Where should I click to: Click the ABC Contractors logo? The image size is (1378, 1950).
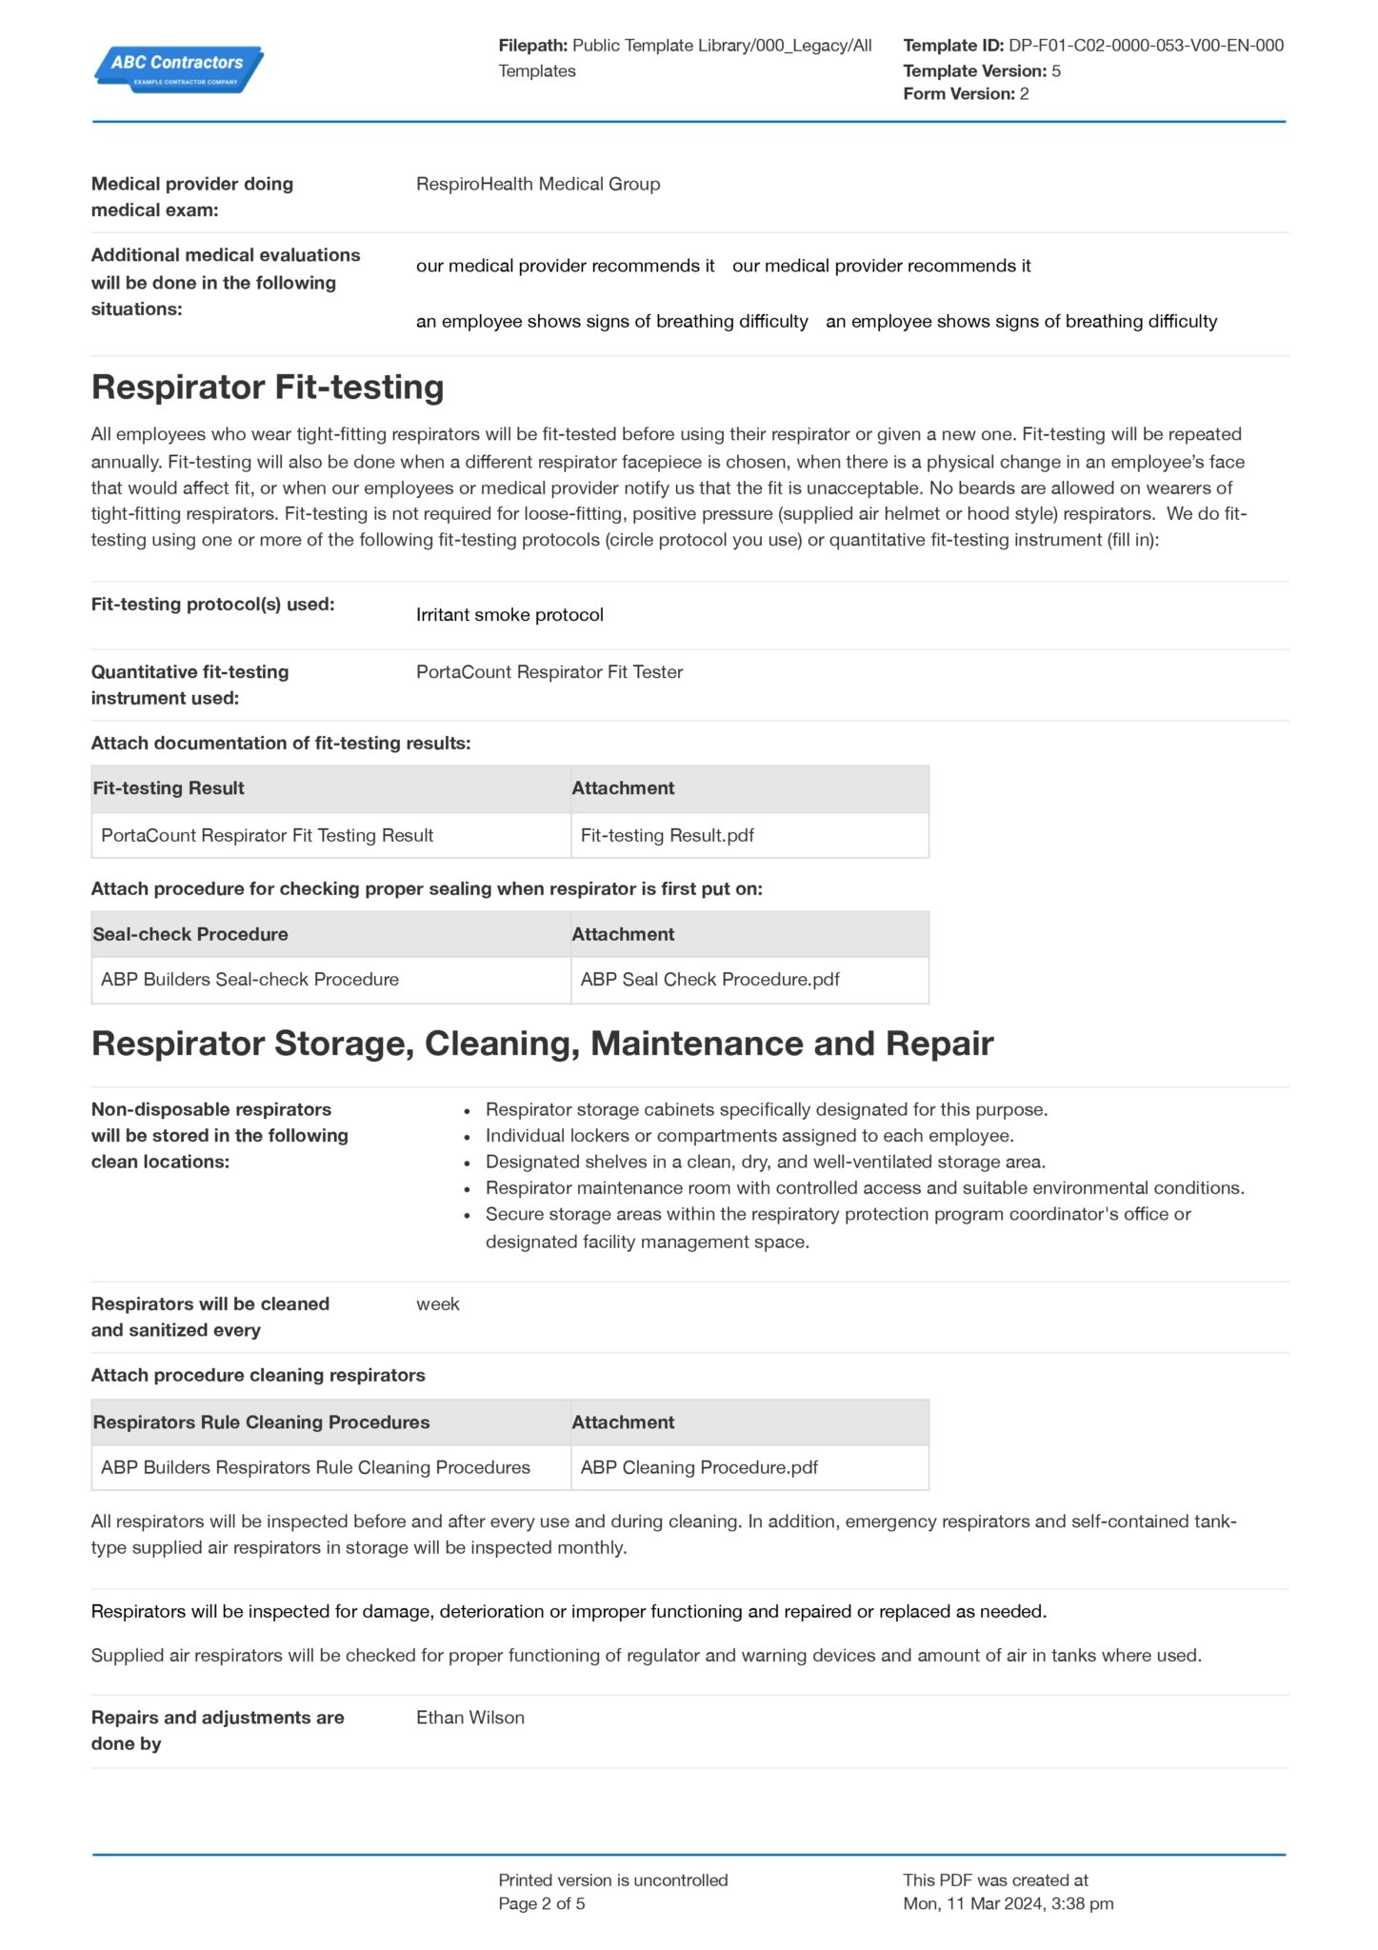click(x=178, y=69)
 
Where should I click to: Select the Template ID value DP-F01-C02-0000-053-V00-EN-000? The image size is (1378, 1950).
click(x=1146, y=45)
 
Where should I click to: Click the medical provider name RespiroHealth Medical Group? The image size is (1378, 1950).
click(x=537, y=184)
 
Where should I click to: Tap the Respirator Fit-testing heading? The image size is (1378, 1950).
click(x=268, y=387)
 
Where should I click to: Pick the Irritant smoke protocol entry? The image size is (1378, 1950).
click(x=509, y=615)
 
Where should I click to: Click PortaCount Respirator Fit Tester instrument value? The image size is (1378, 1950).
click(x=549, y=672)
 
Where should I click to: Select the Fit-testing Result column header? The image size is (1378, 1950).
click(x=169, y=788)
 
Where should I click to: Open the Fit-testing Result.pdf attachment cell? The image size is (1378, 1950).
click(x=667, y=836)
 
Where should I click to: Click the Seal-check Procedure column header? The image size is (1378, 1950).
click(x=190, y=934)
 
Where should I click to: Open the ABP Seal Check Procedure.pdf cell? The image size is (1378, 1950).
click(x=709, y=980)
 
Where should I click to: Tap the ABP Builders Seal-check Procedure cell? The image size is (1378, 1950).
click(x=250, y=980)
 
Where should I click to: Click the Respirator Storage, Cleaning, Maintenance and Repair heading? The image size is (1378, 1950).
click(x=542, y=1044)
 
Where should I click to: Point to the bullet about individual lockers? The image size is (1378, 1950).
click(x=749, y=1136)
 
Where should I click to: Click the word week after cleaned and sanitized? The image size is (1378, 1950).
click(x=437, y=1304)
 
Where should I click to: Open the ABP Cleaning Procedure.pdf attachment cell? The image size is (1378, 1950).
click(x=699, y=1468)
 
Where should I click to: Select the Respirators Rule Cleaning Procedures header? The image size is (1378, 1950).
click(x=261, y=1423)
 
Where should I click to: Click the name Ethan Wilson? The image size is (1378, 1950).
click(x=469, y=1718)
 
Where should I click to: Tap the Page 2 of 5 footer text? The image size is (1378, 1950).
click(x=541, y=1903)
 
